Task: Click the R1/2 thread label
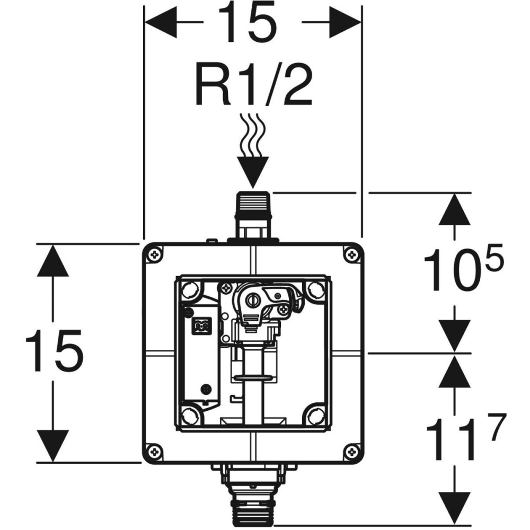(253, 85)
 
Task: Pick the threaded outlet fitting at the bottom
(253, 496)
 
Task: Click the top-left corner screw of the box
(155, 255)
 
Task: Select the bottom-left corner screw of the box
(155, 451)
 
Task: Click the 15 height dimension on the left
(55, 351)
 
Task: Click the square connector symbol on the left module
(201, 325)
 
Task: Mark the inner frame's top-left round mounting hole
(189, 289)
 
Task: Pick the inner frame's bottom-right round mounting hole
(317, 413)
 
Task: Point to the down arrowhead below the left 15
(53, 445)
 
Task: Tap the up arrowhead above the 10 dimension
(455, 209)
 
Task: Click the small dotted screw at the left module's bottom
(205, 388)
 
